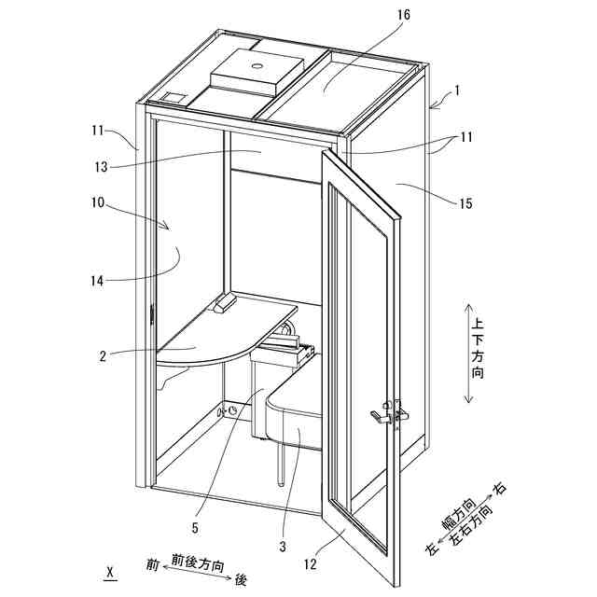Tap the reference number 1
tap(457, 91)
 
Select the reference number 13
tap(104, 167)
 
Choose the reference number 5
tap(194, 526)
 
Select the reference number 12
tap(309, 562)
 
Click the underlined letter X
tap(111, 570)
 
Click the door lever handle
tap(381, 417)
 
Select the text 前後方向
tap(197, 563)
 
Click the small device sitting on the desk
tap(225, 304)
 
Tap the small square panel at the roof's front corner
tap(174, 96)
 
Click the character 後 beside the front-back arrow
tap(241, 579)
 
